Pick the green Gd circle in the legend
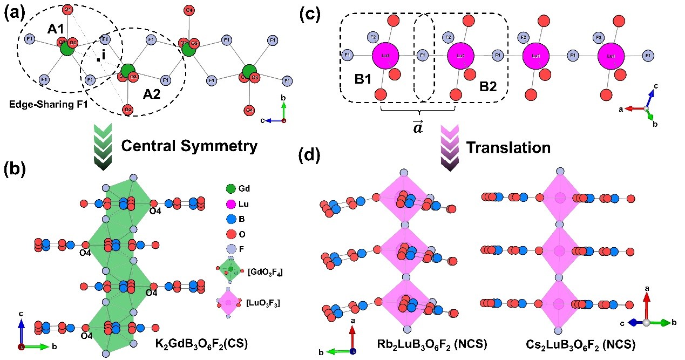point(230,189)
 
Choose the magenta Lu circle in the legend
point(230,205)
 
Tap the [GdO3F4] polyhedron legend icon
point(230,269)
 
